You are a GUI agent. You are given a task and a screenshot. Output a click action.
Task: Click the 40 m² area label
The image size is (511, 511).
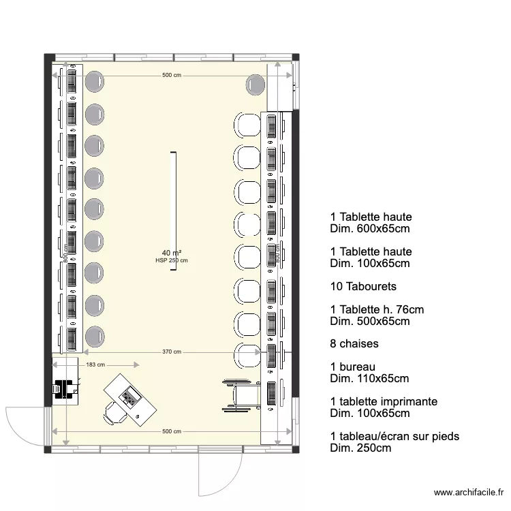(172, 253)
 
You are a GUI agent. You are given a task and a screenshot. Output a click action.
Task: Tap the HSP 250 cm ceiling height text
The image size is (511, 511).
(172, 260)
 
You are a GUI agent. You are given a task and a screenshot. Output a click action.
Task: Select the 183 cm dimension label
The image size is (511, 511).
(95, 365)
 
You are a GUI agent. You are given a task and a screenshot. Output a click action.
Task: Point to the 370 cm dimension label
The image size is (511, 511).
(172, 352)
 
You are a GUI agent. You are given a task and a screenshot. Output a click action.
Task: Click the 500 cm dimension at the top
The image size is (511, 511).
(172, 76)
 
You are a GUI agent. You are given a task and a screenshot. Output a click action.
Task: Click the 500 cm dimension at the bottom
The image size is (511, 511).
(172, 432)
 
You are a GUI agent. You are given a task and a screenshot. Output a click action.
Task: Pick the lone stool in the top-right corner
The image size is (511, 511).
(255, 84)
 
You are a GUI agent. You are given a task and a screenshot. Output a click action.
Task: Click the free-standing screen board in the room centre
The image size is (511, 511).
(173, 211)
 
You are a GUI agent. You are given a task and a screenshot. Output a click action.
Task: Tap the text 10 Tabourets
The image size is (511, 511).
(363, 286)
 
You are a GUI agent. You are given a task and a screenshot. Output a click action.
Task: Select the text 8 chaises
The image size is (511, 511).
(354, 344)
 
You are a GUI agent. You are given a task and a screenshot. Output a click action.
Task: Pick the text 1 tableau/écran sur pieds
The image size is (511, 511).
(394, 437)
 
